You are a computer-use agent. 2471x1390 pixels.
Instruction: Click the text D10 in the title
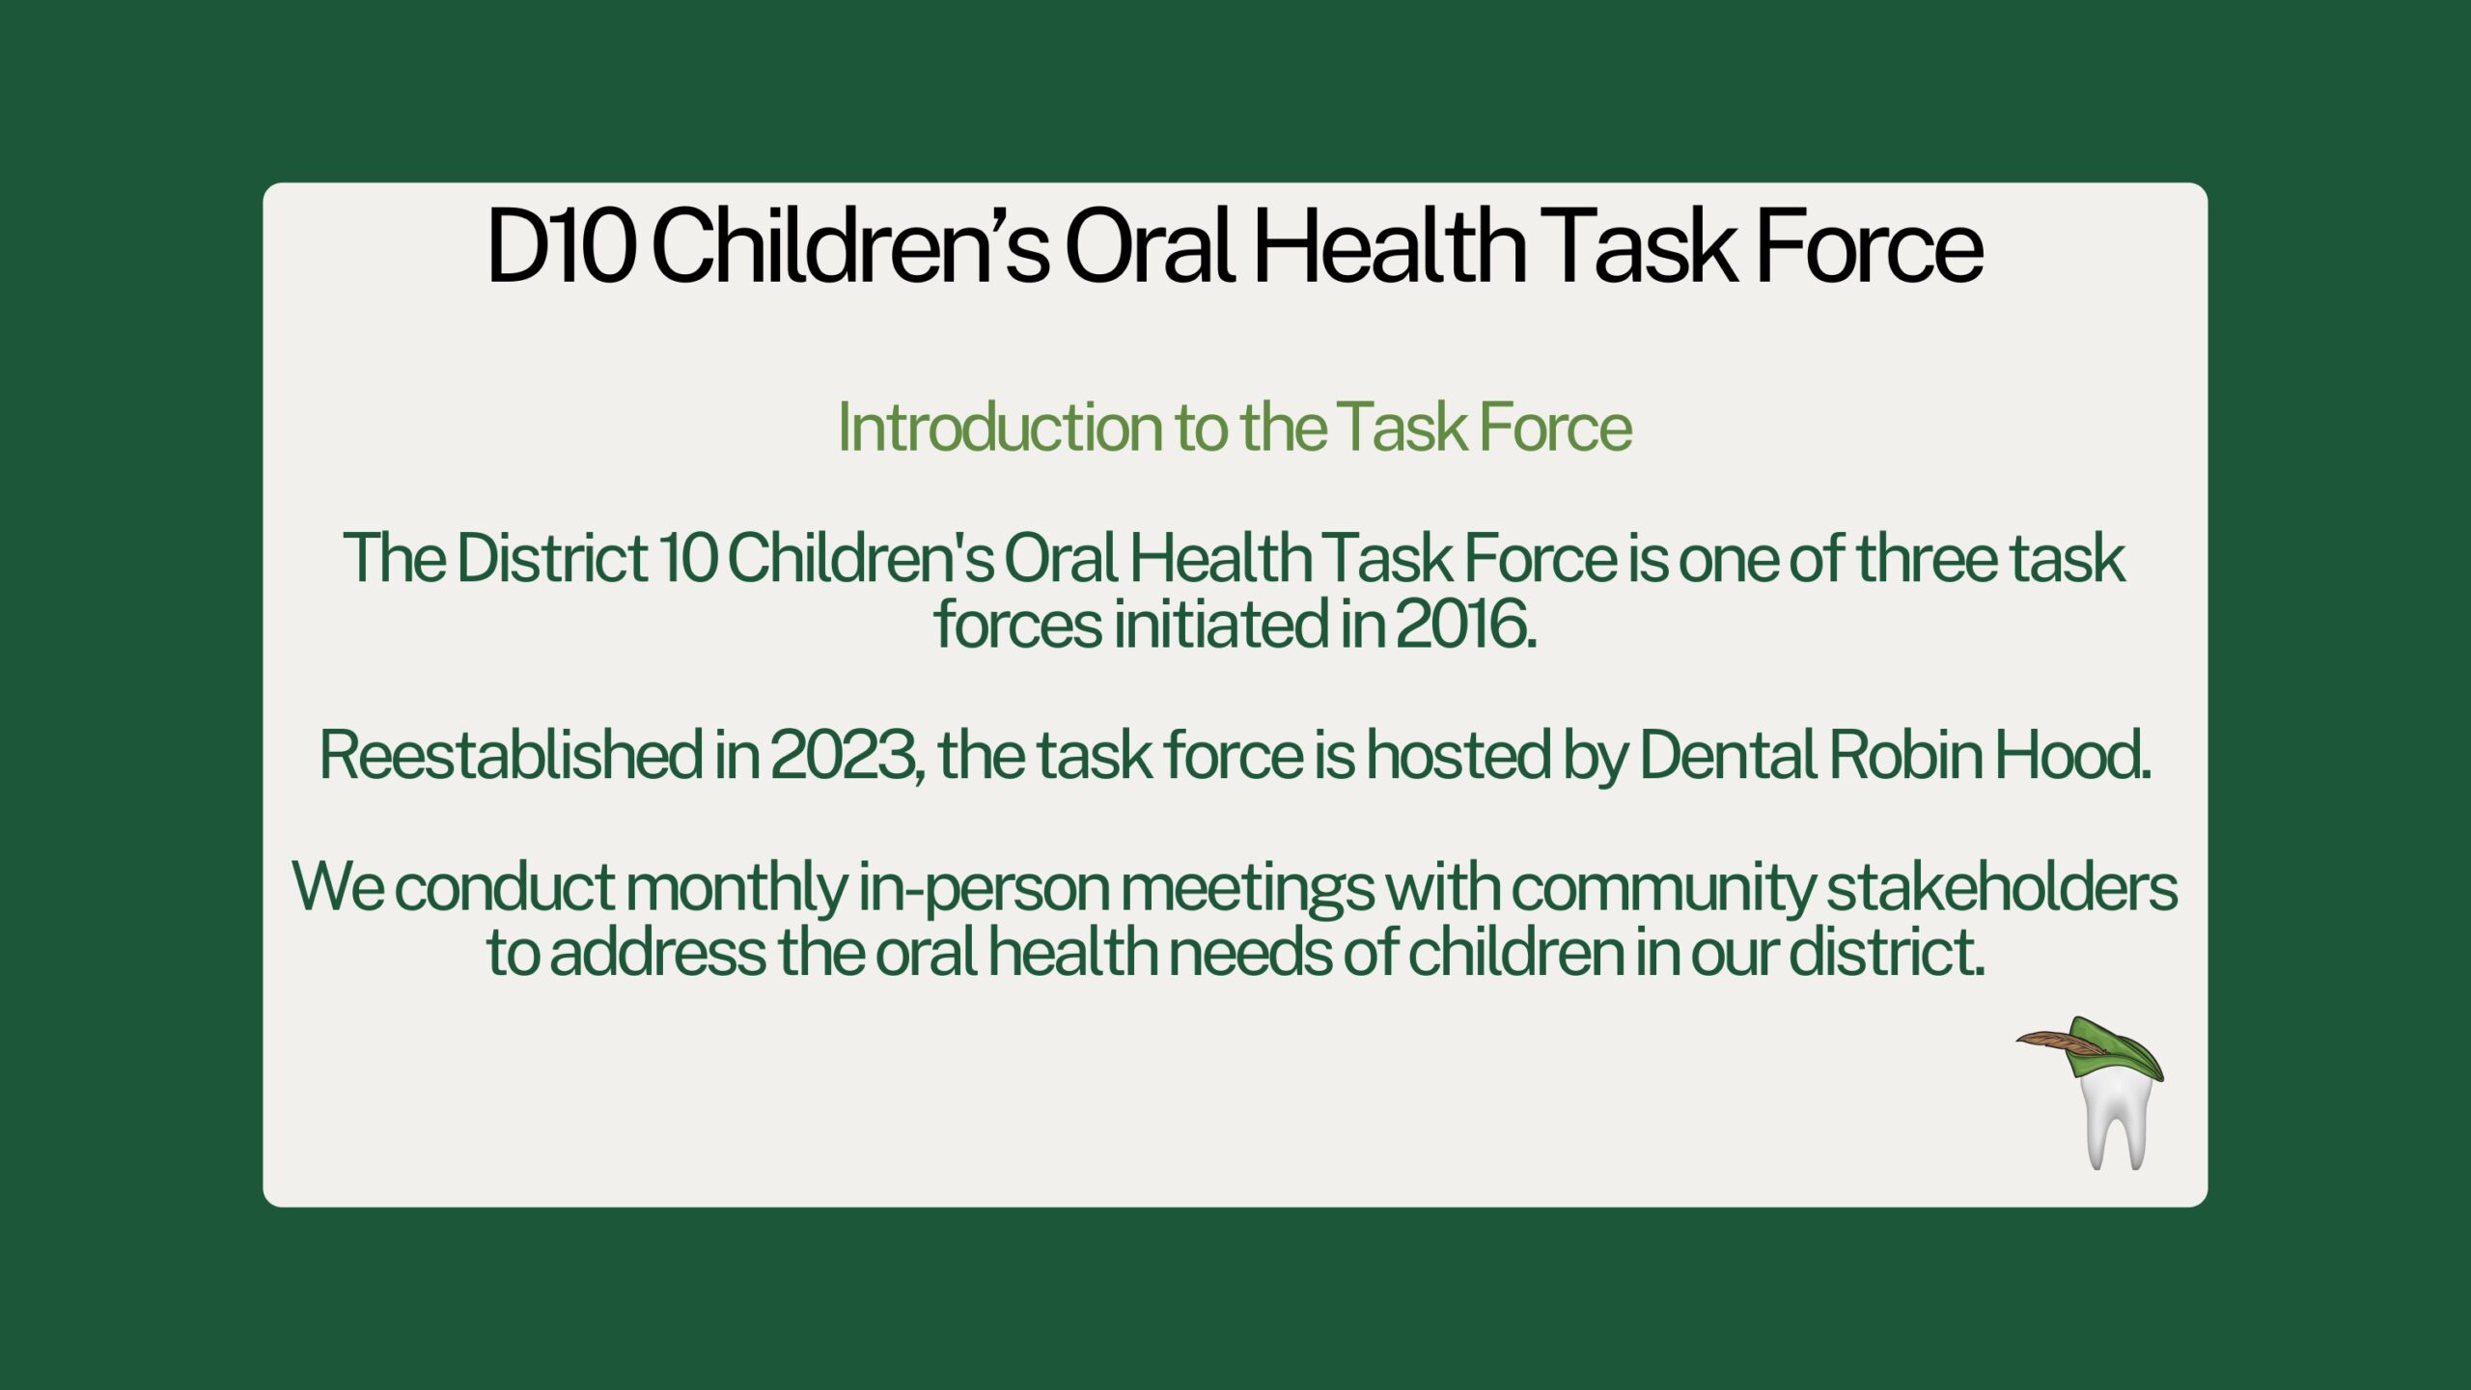pos(561,246)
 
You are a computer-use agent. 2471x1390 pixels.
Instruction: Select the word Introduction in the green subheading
pos(999,427)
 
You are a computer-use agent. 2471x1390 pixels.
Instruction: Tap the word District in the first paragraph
pos(551,558)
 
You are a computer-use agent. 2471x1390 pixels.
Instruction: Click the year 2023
pos(844,756)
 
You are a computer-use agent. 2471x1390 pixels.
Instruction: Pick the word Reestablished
pos(511,755)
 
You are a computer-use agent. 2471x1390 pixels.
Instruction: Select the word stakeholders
pos(2002,886)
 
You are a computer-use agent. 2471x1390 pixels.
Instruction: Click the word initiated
pos(1221,625)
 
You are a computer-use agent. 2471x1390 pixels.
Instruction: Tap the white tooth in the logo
pos(2115,1120)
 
